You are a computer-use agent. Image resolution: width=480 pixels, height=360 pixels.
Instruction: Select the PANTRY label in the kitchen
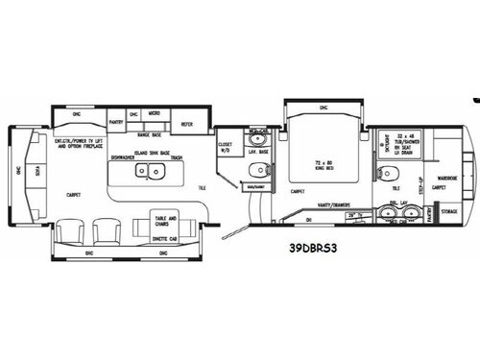(117, 123)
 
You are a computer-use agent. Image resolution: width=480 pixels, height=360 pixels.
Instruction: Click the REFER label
(189, 123)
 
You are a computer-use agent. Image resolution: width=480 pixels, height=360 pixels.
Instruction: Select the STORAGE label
(449, 211)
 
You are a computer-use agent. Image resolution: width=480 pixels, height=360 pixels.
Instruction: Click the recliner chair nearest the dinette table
(107, 230)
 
